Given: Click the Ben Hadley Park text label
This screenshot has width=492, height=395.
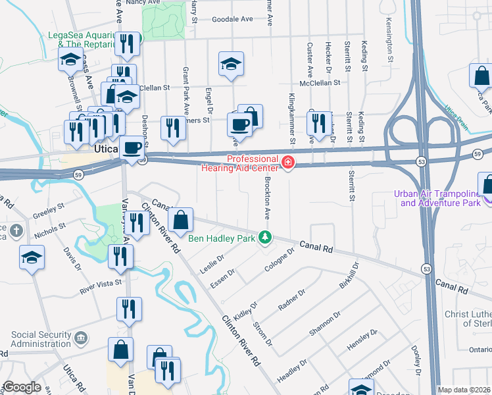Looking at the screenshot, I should pos(222,238).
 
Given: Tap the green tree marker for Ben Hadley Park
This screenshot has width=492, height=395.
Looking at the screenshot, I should pos(264,236).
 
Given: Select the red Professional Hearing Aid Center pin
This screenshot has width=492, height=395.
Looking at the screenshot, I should pos(287,162).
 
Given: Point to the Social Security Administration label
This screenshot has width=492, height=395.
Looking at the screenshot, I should pos(41,340).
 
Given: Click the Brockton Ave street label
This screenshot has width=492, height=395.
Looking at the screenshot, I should pos(268,197).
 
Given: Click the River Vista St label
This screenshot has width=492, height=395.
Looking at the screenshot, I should pos(101,282).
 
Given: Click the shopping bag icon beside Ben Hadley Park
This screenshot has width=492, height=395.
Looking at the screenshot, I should pos(180,220).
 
